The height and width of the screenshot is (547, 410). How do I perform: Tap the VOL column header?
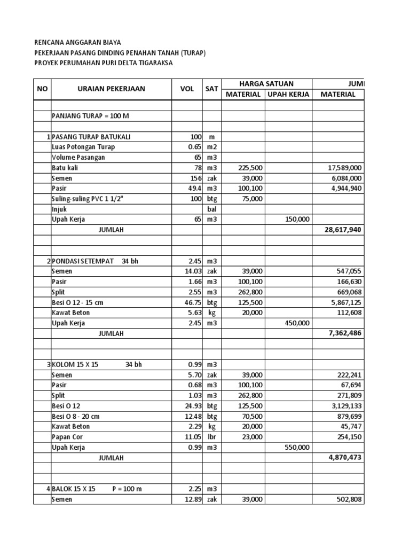coord(187,89)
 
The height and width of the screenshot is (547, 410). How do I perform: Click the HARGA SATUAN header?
coord(266,83)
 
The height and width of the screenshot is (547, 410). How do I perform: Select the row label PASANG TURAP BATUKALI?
coord(91,137)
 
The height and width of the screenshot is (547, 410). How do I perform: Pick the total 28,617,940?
coord(343,230)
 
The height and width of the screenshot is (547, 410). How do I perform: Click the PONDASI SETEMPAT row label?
coord(82,261)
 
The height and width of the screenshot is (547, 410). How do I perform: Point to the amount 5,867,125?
coord(344,302)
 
